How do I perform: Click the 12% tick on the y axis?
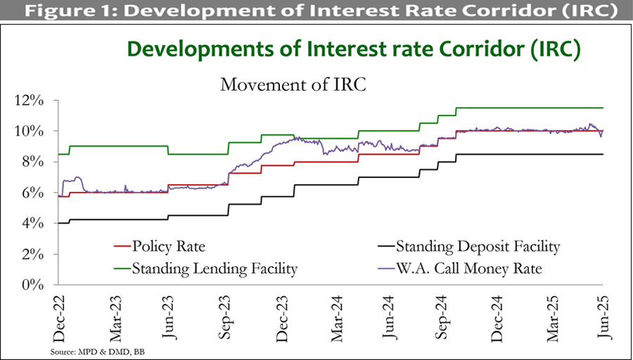32,101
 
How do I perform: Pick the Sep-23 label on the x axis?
227,310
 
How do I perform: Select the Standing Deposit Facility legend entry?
478,247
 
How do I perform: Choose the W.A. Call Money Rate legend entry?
469,268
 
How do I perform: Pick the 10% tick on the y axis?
32,131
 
